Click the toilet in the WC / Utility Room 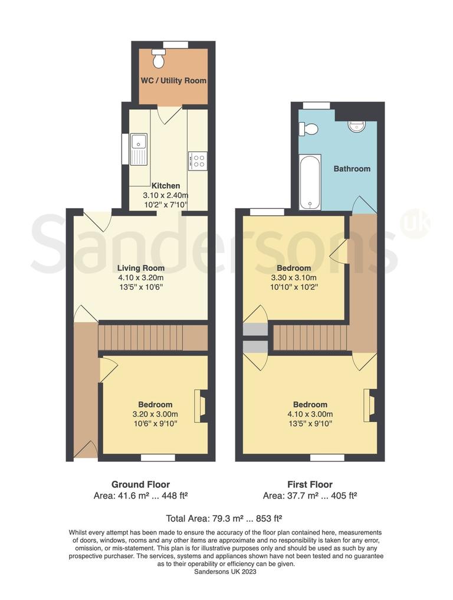click(158, 58)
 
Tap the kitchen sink click(139, 149)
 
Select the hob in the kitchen click(197, 160)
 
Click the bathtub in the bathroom click(310, 182)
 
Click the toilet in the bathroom click(308, 129)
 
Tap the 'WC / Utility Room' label click(173, 80)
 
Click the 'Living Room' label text click(140, 268)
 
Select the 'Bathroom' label click(352, 169)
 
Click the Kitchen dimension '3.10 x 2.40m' click(165, 195)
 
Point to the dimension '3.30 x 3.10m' click(294, 278)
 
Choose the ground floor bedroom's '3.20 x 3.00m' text click(155, 414)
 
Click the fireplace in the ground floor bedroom click(202, 406)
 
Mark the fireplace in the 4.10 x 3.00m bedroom click(370, 405)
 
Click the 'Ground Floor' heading click(140, 485)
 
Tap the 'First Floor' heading click(310, 485)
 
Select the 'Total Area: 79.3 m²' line click(224, 519)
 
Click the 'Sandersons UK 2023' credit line click(226, 572)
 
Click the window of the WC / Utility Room click(175, 44)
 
